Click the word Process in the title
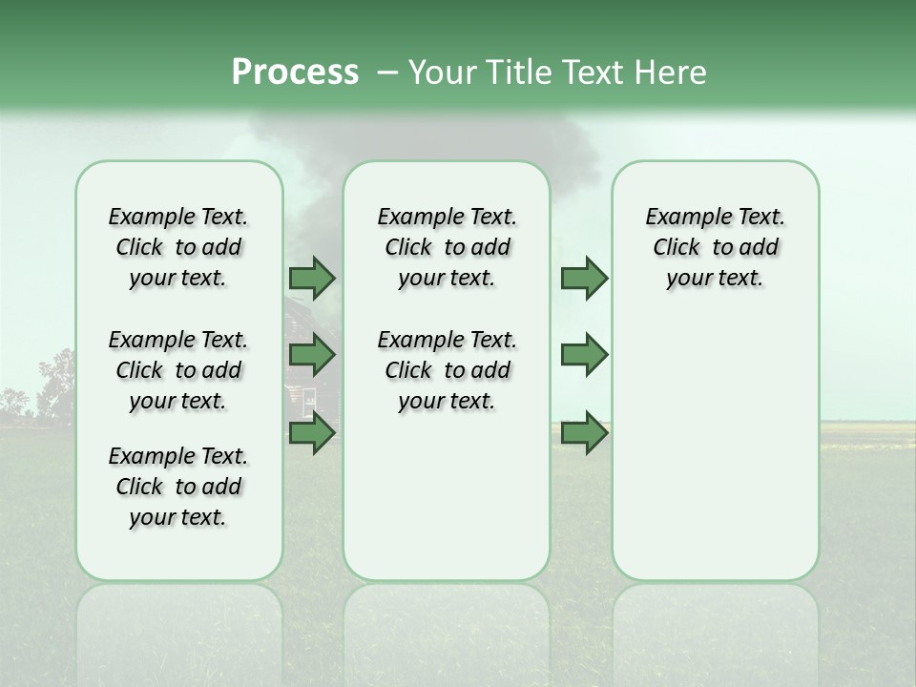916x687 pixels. (x=295, y=73)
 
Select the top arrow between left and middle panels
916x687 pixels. (x=312, y=278)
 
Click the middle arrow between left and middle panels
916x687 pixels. (x=312, y=355)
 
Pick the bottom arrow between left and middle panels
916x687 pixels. (x=312, y=433)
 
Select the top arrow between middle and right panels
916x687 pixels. (x=584, y=278)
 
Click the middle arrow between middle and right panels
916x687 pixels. (x=584, y=355)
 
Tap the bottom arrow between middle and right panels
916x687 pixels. (x=584, y=433)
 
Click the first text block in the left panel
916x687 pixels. (x=178, y=247)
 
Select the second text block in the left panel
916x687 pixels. (x=178, y=370)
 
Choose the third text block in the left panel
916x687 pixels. (x=178, y=487)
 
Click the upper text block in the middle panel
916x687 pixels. (x=447, y=247)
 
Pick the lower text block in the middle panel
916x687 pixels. (x=447, y=370)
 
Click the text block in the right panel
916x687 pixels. (x=715, y=247)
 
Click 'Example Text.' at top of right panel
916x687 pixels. (x=715, y=217)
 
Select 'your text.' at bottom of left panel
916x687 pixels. (x=178, y=517)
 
